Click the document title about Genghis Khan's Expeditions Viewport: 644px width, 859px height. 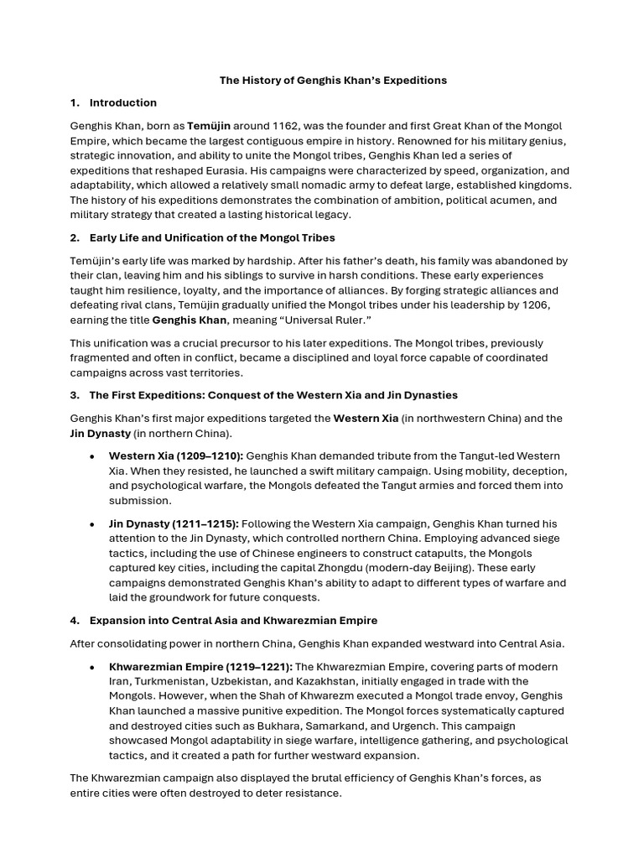coord(333,81)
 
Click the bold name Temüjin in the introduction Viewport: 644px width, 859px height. coord(209,125)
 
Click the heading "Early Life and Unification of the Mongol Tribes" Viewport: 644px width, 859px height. coord(212,237)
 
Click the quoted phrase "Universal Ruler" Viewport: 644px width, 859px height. coord(330,320)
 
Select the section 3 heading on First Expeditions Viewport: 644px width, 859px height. coord(264,395)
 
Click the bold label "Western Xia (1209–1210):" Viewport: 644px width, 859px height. coord(176,456)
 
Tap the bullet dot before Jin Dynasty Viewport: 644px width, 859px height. coord(91,523)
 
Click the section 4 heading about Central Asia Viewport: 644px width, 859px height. coord(224,621)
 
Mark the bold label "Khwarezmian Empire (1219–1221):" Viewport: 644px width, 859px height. coord(200,666)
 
